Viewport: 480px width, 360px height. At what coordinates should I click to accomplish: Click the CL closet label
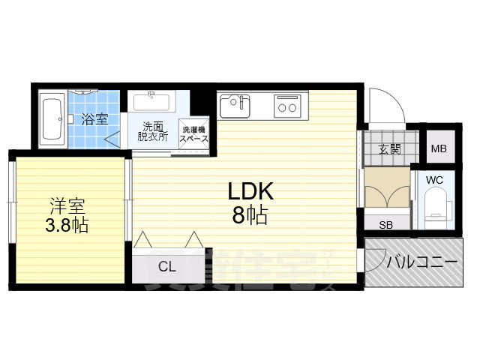(x=167, y=265)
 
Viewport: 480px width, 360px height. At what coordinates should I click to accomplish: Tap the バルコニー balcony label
(x=422, y=262)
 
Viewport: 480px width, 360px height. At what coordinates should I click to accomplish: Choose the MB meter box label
(x=439, y=148)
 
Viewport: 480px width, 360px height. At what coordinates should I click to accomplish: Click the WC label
(x=435, y=180)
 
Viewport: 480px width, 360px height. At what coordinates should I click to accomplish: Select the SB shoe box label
(x=387, y=224)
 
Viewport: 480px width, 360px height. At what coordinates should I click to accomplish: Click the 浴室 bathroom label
(x=94, y=118)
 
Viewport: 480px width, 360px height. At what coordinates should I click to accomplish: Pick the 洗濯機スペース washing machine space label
(x=192, y=134)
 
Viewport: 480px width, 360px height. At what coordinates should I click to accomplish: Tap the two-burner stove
(x=287, y=106)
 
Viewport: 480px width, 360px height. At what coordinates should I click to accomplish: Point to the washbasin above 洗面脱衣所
(x=152, y=100)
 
